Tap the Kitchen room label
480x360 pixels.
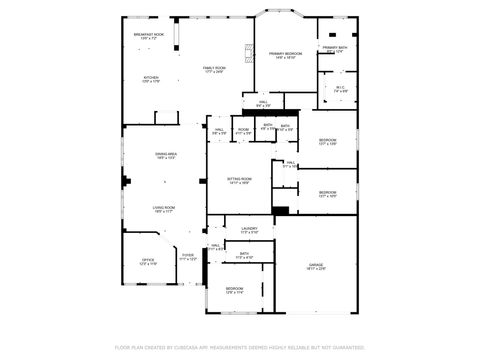(151, 77)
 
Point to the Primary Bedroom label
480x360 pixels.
(285, 53)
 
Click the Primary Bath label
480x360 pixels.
(334, 47)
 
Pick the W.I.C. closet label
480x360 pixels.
(340, 87)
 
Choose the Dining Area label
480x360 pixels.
(165, 154)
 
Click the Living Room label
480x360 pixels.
(165, 207)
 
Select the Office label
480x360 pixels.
(147, 260)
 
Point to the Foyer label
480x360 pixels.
(187, 256)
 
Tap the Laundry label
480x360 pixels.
(249, 229)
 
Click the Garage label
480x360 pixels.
(316, 264)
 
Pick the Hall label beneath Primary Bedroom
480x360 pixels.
(263, 101)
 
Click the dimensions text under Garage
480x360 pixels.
(316, 269)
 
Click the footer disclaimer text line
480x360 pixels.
(240, 346)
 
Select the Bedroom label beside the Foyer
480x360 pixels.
(234, 289)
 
